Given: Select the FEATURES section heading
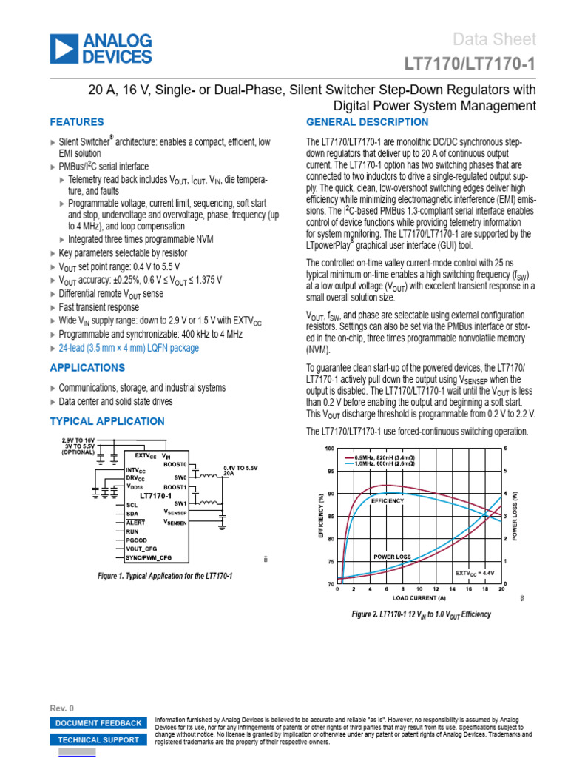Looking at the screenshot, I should click(x=77, y=122).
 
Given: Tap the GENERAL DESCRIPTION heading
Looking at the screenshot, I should click(x=367, y=122).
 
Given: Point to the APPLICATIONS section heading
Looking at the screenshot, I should click(x=87, y=368).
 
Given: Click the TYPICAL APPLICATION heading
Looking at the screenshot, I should click(x=107, y=421).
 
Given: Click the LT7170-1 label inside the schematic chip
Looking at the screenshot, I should click(x=155, y=495).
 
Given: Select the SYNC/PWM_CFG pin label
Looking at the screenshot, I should click(x=149, y=557).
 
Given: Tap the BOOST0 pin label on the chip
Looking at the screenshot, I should click(x=175, y=464).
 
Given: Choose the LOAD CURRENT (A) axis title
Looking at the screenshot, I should click(x=419, y=597).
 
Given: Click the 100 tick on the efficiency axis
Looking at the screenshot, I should click(x=329, y=449).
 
